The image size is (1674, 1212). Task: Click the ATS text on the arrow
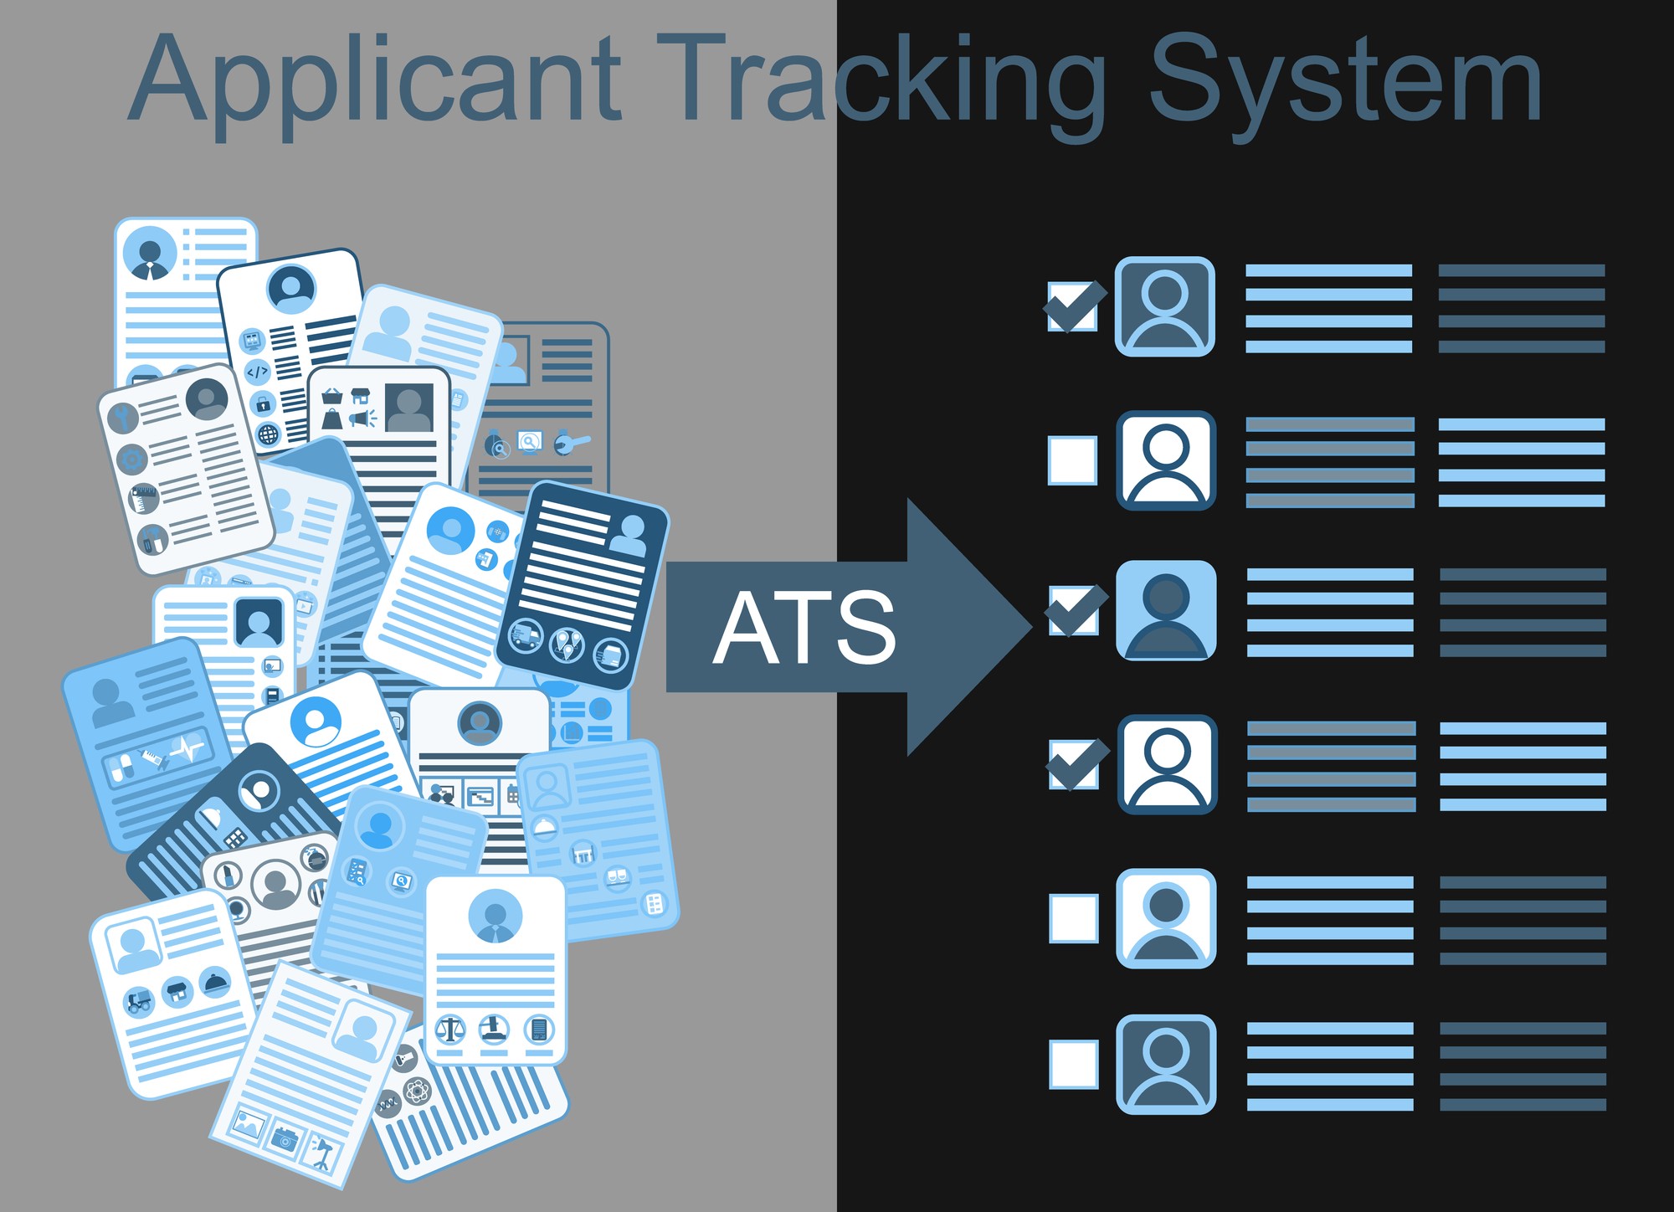coord(804,627)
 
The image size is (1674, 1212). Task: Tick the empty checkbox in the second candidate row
coord(1073,460)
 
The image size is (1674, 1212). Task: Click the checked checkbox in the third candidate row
coord(1075,611)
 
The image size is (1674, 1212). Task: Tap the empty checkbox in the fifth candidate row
coord(1074,918)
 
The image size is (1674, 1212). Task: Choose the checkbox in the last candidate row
coord(1074,1065)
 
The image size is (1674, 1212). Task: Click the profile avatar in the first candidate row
coord(1165,306)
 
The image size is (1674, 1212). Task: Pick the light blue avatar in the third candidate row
coord(1166,611)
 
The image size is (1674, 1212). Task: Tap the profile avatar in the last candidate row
coord(1166,1065)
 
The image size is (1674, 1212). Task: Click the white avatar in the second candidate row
coord(1166,460)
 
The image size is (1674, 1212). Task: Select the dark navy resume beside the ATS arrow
coord(583,585)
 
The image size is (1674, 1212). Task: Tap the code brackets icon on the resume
coord(257,371)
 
